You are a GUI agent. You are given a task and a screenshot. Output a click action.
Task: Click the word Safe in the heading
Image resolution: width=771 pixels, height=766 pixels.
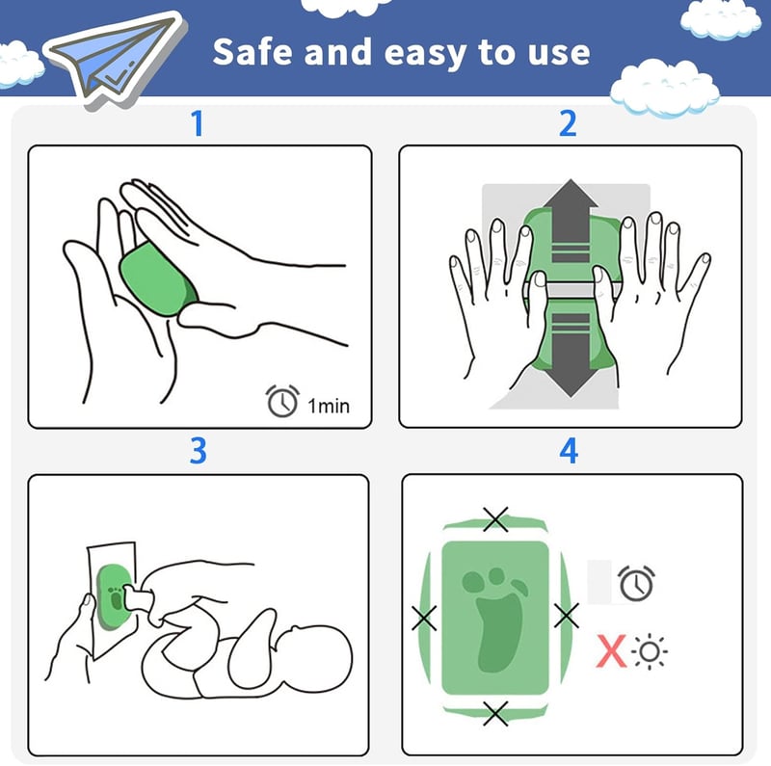tap(252, 52)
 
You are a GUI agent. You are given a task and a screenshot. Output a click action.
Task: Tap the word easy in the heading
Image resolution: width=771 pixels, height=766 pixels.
tap(425, 54)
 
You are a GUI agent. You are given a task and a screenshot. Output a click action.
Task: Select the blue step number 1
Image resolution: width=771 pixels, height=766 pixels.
tap(198, 123)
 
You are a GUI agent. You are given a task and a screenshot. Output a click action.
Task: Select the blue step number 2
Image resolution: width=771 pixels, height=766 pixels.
tap(568, 123)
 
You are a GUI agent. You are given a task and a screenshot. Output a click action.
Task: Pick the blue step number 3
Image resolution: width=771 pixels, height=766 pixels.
tap(199, 450)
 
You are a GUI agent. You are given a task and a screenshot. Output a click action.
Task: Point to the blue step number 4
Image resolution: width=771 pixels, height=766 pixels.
tap(569, 450)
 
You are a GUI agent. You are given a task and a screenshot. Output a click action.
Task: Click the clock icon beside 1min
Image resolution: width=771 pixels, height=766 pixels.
tap(282, 401)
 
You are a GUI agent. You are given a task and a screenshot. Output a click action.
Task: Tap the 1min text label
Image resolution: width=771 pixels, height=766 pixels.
tap(329, 406)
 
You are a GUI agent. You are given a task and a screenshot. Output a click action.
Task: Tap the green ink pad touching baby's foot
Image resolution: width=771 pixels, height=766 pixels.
tap(114, 596)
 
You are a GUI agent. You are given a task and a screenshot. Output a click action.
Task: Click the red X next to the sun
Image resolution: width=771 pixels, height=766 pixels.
tap(611, 651)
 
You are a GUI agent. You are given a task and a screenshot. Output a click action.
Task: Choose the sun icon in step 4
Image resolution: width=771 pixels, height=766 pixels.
tap(650, 652)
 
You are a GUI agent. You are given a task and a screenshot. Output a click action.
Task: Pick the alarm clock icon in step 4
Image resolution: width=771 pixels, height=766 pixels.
tap(636, 583)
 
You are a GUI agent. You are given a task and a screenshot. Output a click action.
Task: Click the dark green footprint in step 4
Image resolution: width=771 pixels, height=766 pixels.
tap(497, 621)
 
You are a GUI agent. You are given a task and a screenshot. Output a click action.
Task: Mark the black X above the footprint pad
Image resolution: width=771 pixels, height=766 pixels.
tap(495, 519)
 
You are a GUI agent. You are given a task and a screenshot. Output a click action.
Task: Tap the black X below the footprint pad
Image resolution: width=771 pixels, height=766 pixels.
tap(495, 714)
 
